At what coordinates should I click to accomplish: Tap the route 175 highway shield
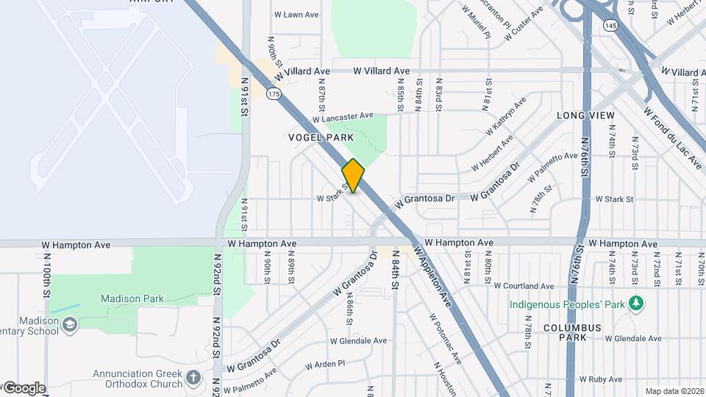tap(274, 94)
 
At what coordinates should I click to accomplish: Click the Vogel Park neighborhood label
tap(321, 137)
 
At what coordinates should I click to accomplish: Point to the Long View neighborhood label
tap(585, 115)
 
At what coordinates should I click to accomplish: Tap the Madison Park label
tap(132, 298)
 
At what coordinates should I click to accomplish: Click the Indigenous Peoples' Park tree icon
tap(637, 304)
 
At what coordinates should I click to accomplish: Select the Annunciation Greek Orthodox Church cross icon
tap(193, 378)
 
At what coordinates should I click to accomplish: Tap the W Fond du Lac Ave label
tap(672, 138)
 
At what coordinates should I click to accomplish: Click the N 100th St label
tap(46, 284)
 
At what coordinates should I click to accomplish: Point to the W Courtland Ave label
tap(524, 286)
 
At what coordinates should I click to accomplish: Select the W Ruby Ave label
tap(600, 379)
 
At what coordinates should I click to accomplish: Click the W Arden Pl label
tap(324, 364)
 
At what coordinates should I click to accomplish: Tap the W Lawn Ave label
tap(296, 14)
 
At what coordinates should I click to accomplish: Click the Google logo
tap(24, 388)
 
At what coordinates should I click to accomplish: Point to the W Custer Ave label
tap(527, 20)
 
